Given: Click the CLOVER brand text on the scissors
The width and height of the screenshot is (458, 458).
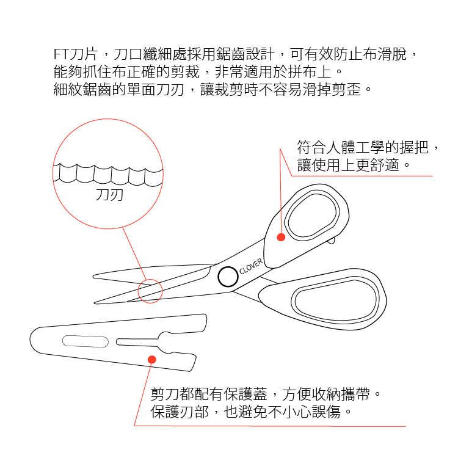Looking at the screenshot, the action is [x=251, y=266].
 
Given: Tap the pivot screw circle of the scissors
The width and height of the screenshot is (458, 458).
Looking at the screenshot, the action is [x=228, y=277].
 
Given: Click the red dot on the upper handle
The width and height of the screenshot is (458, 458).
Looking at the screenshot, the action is [x=281, y=237].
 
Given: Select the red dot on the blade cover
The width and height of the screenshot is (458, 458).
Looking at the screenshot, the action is [x=152, y=359].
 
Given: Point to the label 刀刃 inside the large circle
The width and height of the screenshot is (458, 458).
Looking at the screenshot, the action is [x=109, y=195].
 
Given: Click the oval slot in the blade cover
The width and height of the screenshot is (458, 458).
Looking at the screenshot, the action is [x=85, y=341].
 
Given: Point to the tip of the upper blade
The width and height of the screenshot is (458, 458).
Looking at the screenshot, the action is [x=93, y=276].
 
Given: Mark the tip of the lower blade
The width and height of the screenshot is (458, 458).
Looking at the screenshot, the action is [x=94, y=303].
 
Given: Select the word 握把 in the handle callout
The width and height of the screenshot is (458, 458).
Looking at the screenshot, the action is [x=414, y=147].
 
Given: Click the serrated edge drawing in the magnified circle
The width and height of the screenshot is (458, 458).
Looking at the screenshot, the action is [x=108, y=175].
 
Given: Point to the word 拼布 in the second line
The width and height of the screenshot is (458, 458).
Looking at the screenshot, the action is [x=302, y=71].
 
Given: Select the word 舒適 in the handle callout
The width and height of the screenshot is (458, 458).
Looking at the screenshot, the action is [x=384, y=165].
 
